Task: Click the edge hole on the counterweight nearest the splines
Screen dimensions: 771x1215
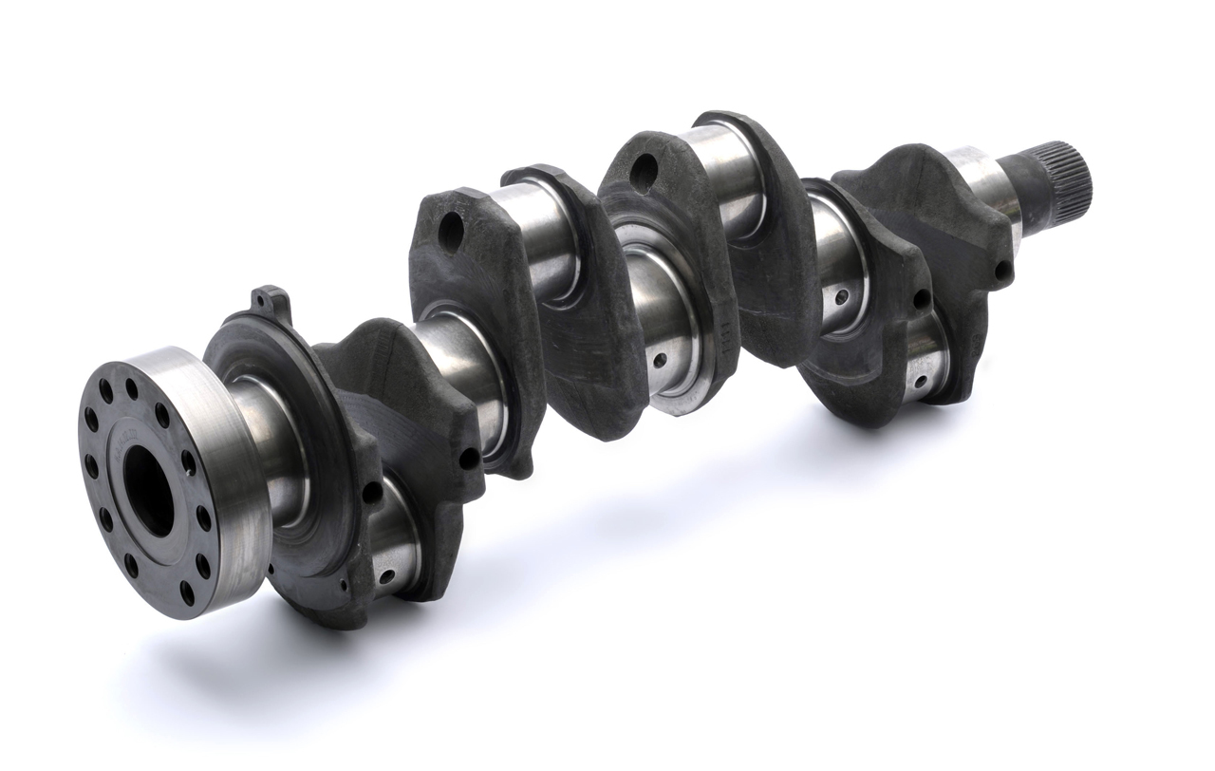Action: [999, 274]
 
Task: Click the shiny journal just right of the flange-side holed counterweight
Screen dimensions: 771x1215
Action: [546, 237]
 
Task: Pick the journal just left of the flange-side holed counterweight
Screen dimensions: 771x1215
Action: [456, 361]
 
